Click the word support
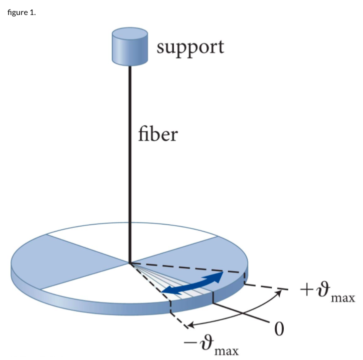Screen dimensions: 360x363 pos(190,48)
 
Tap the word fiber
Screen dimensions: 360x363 pos(158,134)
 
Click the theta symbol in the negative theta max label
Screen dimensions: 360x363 pos(206,340)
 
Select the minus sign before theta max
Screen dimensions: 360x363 pos(192,341)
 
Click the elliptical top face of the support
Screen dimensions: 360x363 pos(130,33)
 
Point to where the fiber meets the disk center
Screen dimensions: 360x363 pos(130,263)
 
